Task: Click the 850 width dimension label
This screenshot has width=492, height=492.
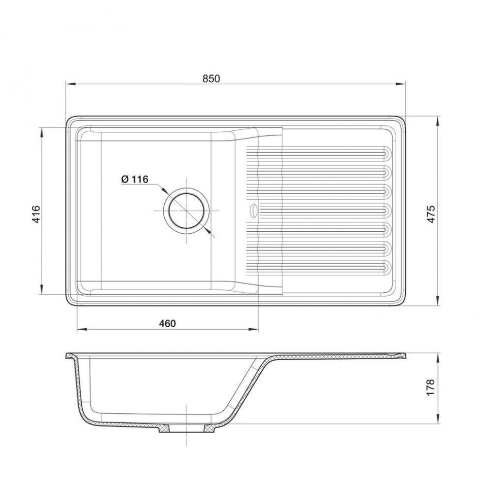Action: click(x=211, y=79)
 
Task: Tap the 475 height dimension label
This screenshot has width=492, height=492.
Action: click(x=432, y=214)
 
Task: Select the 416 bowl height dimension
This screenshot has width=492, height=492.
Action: click(x=37, y=214)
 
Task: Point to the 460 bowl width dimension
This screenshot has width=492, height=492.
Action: click(x=167, y=323)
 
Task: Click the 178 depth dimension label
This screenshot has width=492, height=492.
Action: click(x=430, y=387)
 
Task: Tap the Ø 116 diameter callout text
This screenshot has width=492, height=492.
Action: click(x=134, y=179)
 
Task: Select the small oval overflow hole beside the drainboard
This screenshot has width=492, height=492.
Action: click(x=253, y=210)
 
